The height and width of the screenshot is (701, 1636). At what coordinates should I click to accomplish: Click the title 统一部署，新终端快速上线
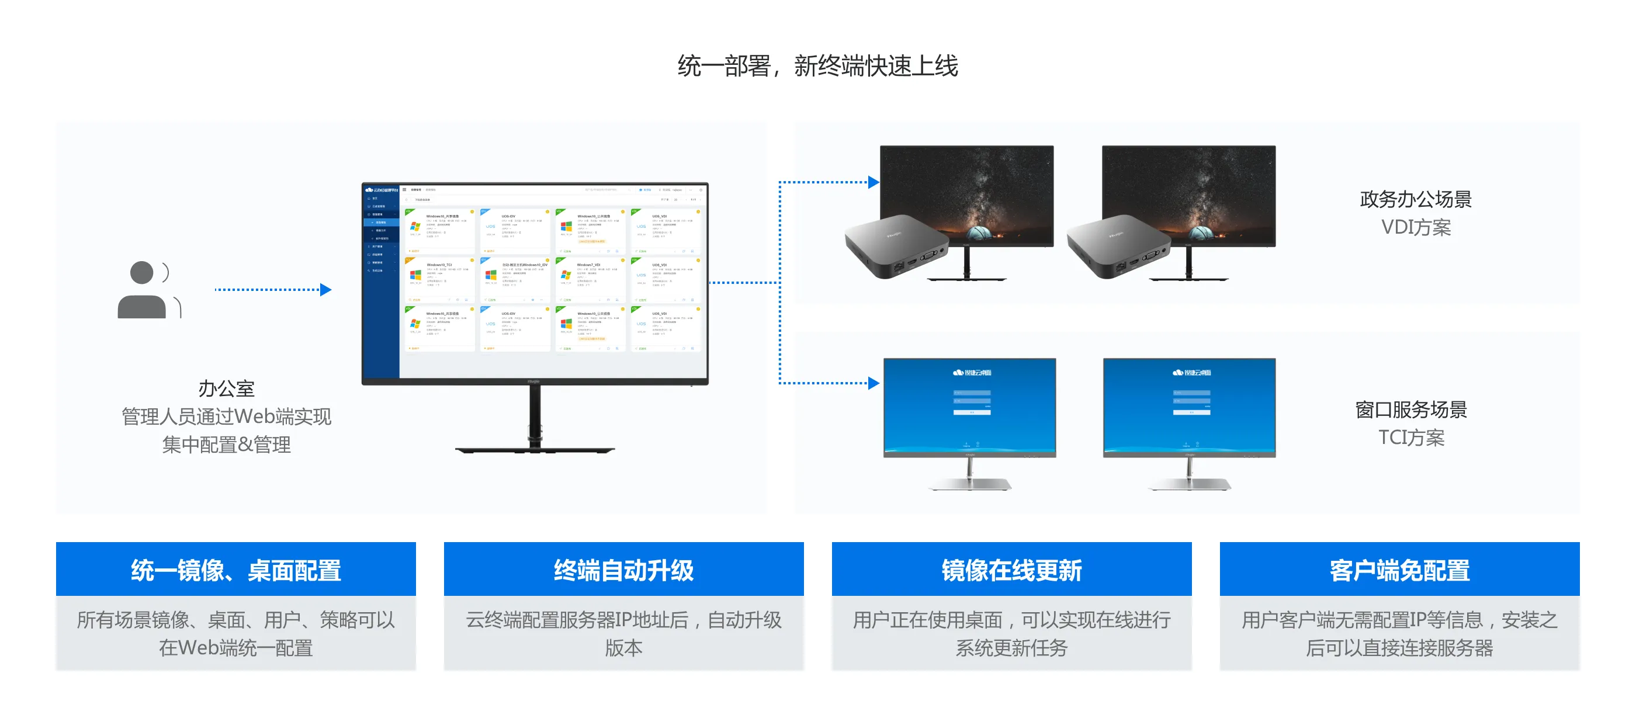(x=817, y=66)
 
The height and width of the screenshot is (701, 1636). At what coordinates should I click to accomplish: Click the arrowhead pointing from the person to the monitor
(x=325, y=290)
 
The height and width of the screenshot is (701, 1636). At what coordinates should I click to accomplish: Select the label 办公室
(x=226, y=388)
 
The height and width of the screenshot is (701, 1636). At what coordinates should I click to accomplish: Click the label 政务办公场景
(x=1415, y=199)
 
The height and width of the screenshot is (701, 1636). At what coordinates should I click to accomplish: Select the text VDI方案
(x=1416, y=227)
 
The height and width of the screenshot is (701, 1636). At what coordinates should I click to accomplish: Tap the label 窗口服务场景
(x=1410, y=410)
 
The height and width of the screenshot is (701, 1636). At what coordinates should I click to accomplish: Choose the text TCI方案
(x=1410, y=438)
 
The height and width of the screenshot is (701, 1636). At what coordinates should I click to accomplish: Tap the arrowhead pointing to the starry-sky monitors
(x=874, y=183)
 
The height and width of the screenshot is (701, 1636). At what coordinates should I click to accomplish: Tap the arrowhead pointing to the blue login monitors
(x=874, y=383)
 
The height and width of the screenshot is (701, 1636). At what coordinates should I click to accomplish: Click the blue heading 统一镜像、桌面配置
(x=235, y=570)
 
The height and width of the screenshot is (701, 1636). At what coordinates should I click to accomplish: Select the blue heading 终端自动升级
(x=623, y=570)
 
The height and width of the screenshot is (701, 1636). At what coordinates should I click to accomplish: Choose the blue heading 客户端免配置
(x=1399, y=570)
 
